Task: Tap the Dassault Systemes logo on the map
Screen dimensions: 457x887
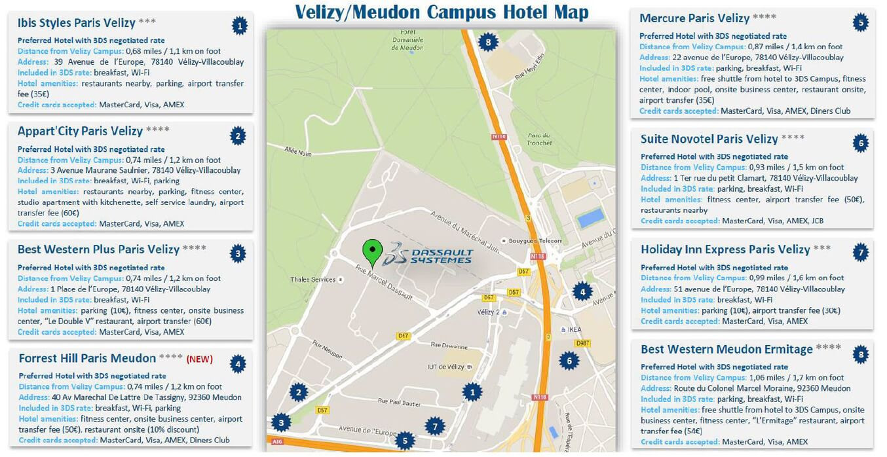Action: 428,253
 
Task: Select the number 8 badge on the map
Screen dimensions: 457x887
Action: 487,43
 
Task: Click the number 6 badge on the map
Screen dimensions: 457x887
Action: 569,359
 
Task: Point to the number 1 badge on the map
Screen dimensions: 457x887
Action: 472,392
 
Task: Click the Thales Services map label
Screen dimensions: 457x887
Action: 313,280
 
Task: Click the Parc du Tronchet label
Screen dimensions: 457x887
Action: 538,140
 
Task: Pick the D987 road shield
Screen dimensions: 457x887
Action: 582,343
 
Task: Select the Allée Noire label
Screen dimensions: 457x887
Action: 298,152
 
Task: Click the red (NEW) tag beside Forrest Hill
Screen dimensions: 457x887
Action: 200,359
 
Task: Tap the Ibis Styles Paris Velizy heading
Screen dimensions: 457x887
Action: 76,23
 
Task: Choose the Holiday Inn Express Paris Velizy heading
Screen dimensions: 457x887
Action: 725,249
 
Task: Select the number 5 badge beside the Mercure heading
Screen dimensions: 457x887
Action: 861,23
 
